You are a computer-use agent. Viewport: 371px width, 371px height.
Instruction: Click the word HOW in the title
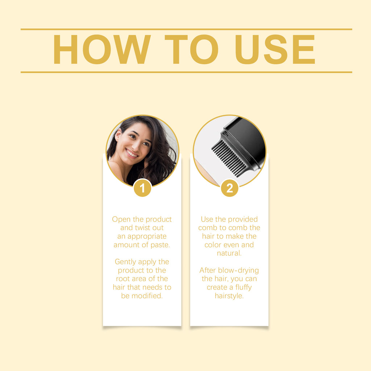[102, 49]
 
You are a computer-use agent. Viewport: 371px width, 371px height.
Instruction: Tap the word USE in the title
[275, 49]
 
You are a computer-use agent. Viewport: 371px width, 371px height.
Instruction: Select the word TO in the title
[191, 49]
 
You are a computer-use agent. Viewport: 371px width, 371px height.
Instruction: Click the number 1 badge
[142, 188]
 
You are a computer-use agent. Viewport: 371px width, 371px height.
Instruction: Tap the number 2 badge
[229, 188]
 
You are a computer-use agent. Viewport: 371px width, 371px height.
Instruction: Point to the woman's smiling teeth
[132, 153]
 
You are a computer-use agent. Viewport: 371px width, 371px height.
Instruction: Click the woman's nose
[137, 146]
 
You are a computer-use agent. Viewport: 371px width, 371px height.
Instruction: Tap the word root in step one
[122, 279]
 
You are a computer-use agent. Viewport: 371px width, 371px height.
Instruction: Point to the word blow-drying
[238, 271]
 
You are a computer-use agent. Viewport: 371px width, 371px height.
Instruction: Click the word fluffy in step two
[243, 287]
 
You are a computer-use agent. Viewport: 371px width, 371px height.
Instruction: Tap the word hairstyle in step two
[229, 296]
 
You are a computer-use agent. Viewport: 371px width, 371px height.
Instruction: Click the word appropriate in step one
[147, 237]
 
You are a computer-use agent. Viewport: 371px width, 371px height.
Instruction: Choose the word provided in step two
[243, 220]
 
